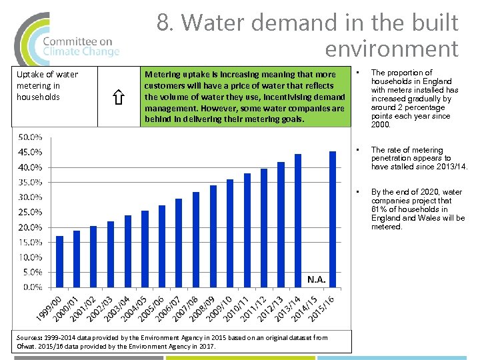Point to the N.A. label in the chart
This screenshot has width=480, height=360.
pos(316,279)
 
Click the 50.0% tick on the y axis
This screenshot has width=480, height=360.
pos(30,137)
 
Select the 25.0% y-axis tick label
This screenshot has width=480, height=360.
pos(30,212)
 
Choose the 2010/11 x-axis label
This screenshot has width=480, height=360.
pos(237,308)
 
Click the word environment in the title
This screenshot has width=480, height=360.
pos(391,49)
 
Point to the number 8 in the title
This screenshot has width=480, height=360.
pos(163,23)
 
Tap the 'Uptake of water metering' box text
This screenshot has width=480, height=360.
pos(47,85)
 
